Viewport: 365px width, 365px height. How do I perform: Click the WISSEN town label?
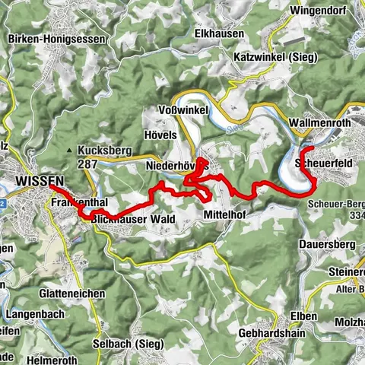coord(39,181)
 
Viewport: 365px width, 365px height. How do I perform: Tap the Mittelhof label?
coord(227,216)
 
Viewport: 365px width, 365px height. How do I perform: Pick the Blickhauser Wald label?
coord(133,219)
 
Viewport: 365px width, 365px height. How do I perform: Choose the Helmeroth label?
coord(54,358)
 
